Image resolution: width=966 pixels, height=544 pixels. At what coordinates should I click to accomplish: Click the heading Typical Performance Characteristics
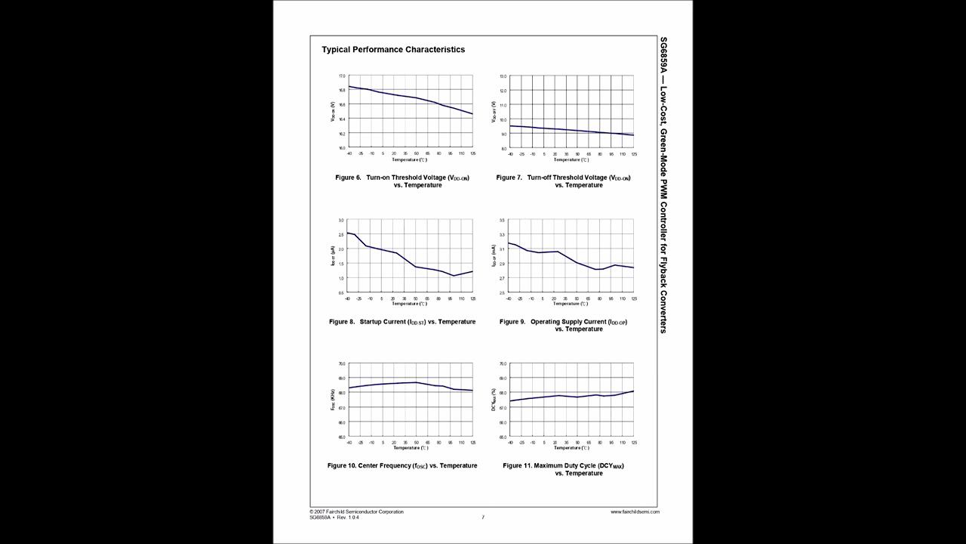393,50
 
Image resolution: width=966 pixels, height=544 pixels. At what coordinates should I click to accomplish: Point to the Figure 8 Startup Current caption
401,322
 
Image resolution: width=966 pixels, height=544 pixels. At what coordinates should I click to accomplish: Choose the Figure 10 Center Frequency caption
401,465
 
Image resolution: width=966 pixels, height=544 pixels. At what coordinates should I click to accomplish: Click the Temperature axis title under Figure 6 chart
409,159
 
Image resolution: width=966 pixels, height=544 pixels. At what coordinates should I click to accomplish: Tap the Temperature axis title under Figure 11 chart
571,448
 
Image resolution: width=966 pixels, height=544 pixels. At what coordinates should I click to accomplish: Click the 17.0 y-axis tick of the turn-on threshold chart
342,76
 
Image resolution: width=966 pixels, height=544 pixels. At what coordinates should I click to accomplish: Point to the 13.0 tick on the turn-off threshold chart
503,76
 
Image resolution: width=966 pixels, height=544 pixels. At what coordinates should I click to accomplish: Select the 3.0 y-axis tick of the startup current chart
341,220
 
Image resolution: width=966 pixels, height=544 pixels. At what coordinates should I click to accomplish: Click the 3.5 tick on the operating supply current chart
503,220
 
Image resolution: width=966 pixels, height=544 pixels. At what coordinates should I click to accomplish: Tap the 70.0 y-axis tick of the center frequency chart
341,363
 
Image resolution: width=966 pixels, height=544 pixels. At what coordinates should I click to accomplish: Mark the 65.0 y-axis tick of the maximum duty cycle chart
503,437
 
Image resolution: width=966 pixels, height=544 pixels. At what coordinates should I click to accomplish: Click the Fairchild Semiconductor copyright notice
356,512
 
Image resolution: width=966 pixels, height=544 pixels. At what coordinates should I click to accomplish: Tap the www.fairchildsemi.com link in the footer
635,512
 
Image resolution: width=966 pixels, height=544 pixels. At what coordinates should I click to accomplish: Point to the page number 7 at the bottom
483,518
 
